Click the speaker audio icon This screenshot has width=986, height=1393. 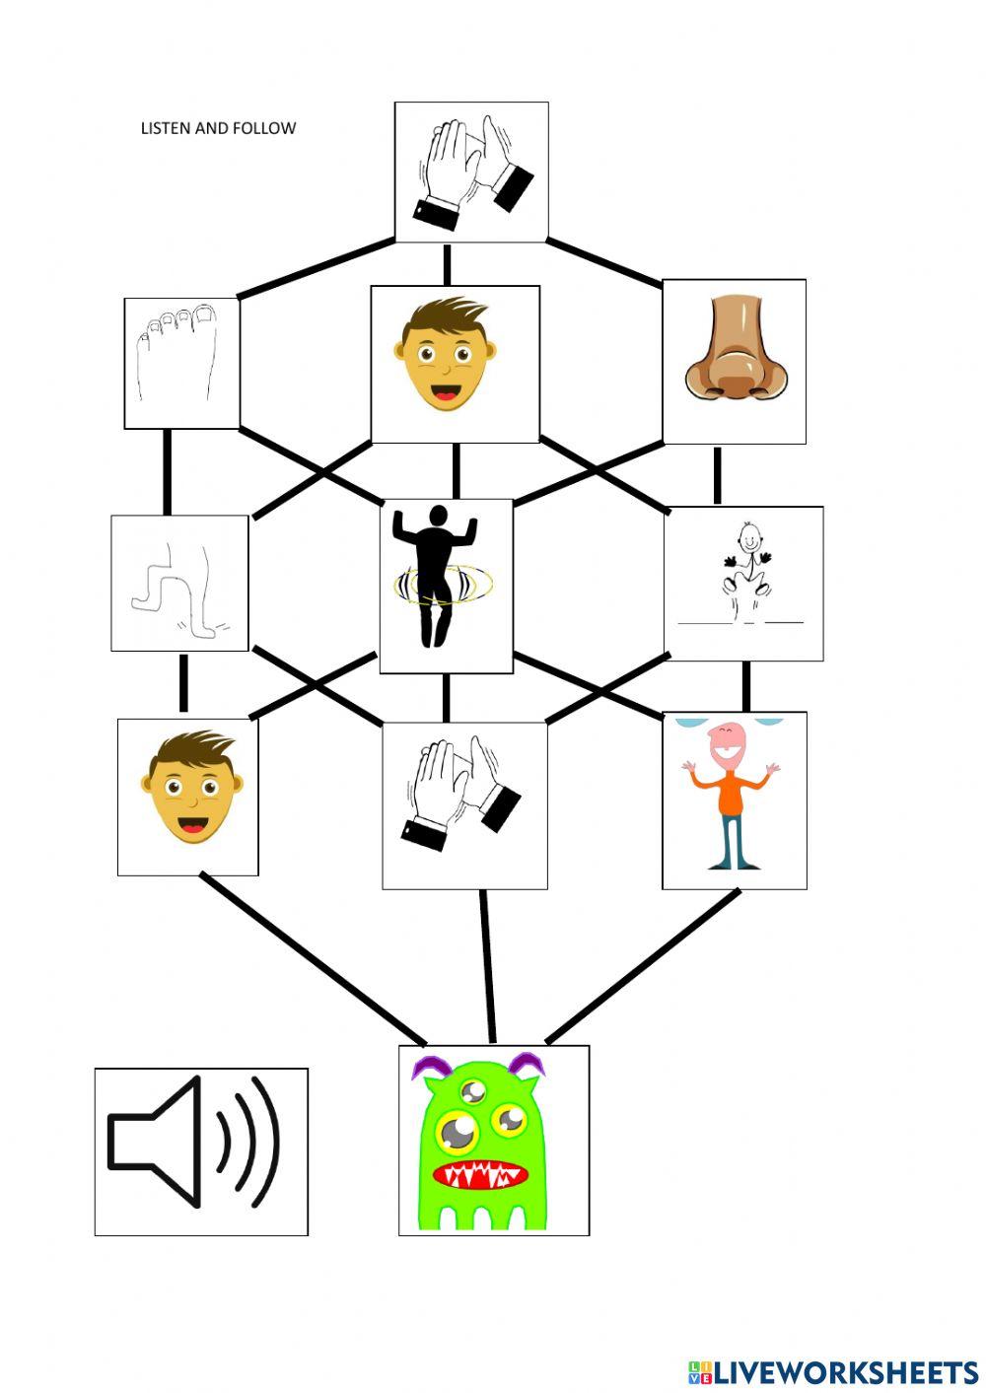[200, 1151]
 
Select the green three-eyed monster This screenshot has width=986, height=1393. [483, 1144]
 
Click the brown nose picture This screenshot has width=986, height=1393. [735, 360]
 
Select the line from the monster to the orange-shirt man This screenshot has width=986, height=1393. [643, 966]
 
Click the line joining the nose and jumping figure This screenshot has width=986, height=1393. [717, 475]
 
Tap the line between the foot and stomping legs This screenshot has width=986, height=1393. [168, 472]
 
